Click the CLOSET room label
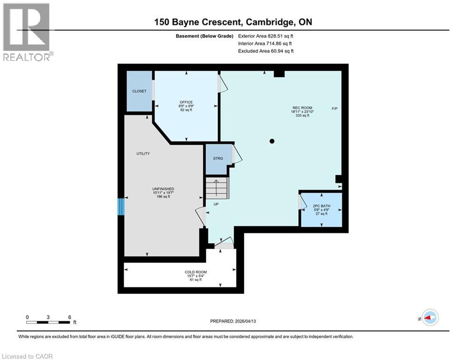(139, 91)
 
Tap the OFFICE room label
(186, 102)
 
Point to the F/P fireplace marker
(334, 109)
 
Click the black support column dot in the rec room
(272, 141)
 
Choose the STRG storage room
(218, 158)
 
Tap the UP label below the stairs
(216, 204)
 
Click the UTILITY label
(143, 154)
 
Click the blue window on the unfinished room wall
(121, 206)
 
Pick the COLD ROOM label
(195, 272)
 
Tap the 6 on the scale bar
(69, 317)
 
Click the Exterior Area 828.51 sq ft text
(268, 36)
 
